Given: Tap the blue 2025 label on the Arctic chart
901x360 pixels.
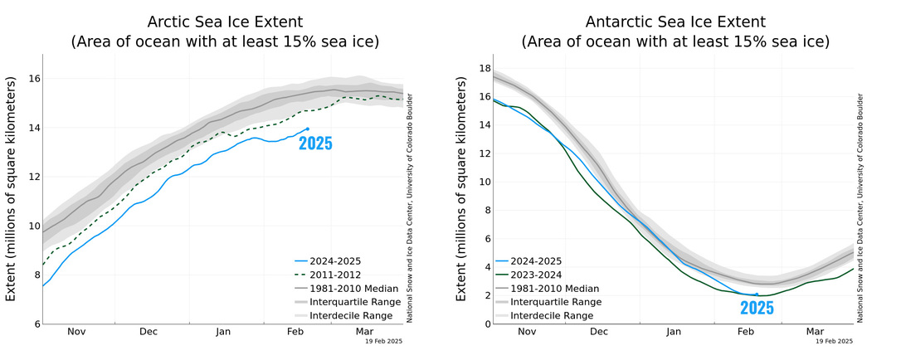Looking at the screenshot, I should (315, 144).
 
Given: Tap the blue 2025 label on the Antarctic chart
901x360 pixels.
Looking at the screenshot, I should (757, 308).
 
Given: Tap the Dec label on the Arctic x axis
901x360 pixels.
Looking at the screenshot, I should (148, 332).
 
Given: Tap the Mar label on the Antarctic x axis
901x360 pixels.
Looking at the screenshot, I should (814, 332).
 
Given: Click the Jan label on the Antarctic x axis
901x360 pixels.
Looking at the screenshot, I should (673, 332).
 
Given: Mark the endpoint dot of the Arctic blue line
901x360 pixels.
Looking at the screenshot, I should (307, 129).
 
